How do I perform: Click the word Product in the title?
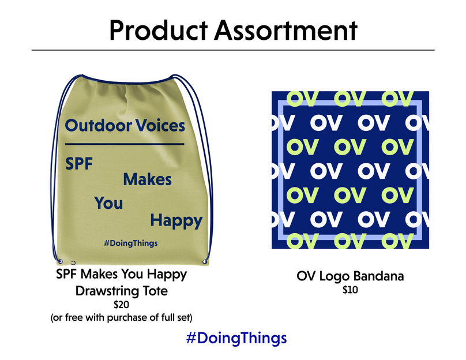(x=159, y=31)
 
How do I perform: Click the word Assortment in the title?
(x=285, y=31)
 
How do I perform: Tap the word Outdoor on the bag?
(x=99, y=125)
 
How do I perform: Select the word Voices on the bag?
(x=160, y=125)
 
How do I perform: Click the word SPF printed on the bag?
(x=79, y=163)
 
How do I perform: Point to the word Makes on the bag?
(x=148, y=179)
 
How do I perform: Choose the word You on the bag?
(x=109, y=203)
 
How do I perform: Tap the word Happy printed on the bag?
(x=176, y=221)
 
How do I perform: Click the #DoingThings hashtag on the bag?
(x=131, y=243)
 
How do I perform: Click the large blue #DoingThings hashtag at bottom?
(x=236, y=338)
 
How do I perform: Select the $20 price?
(x=121, y=305)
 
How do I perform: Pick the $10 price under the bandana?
(x=350, y=290)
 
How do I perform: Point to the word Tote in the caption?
(x=155, y=291)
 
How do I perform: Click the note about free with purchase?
(x=121, y=317)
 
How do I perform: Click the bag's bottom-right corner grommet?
(x=205, y=261)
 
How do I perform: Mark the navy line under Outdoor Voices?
(x=125, y=144)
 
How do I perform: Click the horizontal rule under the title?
(x=233, y=50)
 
